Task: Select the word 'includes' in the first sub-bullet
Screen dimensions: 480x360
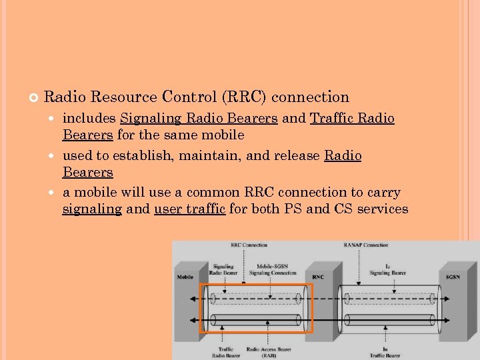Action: pyautogui.click(x=89, y=119)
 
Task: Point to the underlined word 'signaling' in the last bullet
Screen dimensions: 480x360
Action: pyautogui.click(x=92, y=209)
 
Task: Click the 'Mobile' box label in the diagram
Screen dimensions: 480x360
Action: pyautogui.click(x=186, y=277)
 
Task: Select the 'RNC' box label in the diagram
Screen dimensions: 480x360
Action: pyautogui.click(x=318, y=277)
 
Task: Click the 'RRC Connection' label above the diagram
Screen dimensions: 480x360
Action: pyautogui.click(x=249, y=245)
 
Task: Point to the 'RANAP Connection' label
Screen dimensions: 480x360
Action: pyautogui.click(x=365, y=245)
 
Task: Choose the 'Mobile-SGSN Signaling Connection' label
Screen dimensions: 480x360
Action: pyautogui.click(x=272, y=269)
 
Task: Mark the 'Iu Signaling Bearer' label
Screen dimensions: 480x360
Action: pyautogui.click(x=387, y=269)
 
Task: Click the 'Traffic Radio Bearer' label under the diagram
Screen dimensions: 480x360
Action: pyautogui.click(x=225, y=352)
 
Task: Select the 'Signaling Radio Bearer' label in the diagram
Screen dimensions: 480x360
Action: pyautogui.click(x=223, y=269)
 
